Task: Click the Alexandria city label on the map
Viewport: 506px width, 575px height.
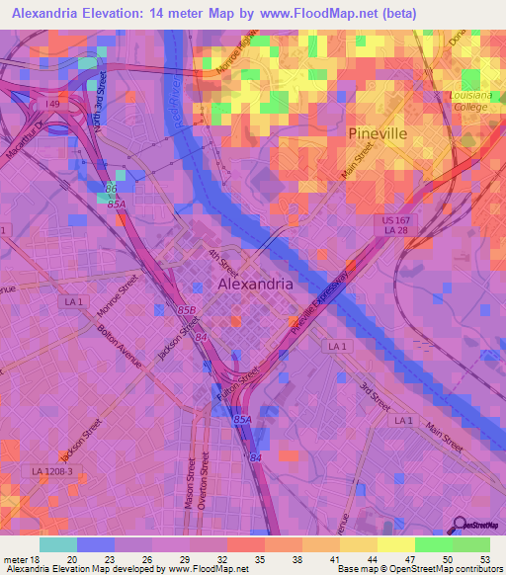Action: tap(254, 284)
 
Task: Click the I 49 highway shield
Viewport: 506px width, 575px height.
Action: tap(51, 102)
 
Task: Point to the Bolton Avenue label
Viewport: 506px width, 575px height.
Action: tap(121, 346)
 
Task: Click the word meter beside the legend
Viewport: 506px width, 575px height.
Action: tap(16, 558)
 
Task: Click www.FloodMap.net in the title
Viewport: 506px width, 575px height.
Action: tap(313, 13)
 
